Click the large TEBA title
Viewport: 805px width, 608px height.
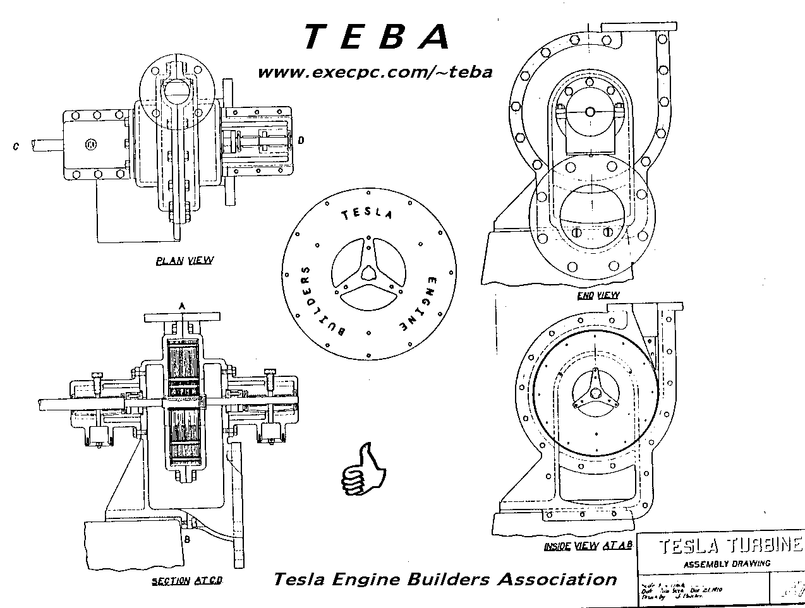pyautogui.click(x=377, y=37)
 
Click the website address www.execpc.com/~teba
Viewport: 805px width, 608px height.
pyautogui.click(x=375, y=72)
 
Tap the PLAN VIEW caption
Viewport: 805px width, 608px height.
pyautogui.click(x=185, y=260)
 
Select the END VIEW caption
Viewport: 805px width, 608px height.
pyautogui.click(x=598, y=295)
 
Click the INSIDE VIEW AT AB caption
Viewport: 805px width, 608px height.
pyautogui.click(x=588, y=546)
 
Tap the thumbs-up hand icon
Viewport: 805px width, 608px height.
pyautogui.click(x=363, y=470)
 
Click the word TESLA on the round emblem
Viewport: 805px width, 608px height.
pyautogui.click(x=367, y=214)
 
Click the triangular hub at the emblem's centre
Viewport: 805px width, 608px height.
pyautogui.click(x=368, y=272)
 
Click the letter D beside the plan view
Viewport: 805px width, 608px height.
pyautogui.click(x=301, y=140)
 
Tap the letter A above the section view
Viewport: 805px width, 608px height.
pyautogui.click(x=181, y=306)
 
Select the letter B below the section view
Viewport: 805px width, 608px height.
pyautogui.click(x=187, y=539)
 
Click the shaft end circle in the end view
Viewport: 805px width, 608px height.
pyautogui.click(x=590, y=112)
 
